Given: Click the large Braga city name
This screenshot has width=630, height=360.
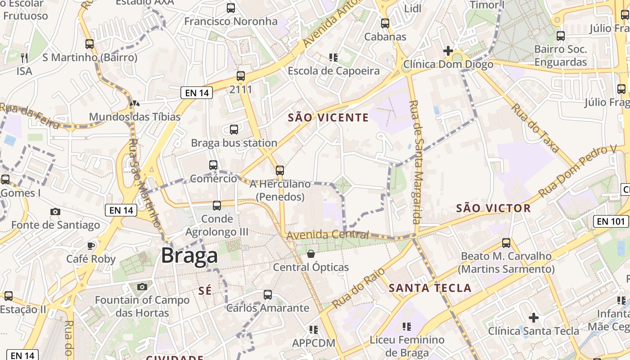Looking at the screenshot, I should tap(189, 256).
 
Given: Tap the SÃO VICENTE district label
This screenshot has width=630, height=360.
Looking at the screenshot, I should tap(328, 118).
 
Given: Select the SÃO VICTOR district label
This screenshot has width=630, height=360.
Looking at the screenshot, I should tap(494, 208).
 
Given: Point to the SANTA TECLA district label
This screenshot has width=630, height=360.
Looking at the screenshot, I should tap(430, 288).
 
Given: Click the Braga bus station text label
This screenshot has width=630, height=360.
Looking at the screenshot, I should tap(234, 143).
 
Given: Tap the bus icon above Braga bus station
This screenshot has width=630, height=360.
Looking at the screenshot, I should tap(234, 130).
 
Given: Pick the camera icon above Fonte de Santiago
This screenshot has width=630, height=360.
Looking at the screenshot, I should tap(55, 211).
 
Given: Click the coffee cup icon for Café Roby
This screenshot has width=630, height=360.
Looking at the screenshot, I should tap(91, 246).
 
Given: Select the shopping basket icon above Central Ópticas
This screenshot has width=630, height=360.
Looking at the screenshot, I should tap(311, 254).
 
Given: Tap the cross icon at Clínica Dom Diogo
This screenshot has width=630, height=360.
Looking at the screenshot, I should tap(448, 51).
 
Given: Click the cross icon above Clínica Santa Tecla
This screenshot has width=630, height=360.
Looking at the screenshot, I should tap(534, 318).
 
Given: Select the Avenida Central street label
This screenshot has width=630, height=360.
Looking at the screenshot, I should tap(327, 235).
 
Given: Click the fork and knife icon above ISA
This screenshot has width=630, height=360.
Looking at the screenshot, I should tap(24, 58).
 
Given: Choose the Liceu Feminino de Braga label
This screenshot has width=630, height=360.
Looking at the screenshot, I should tap(407, 346).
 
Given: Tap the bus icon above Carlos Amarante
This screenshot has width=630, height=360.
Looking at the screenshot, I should tap(268, 295).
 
